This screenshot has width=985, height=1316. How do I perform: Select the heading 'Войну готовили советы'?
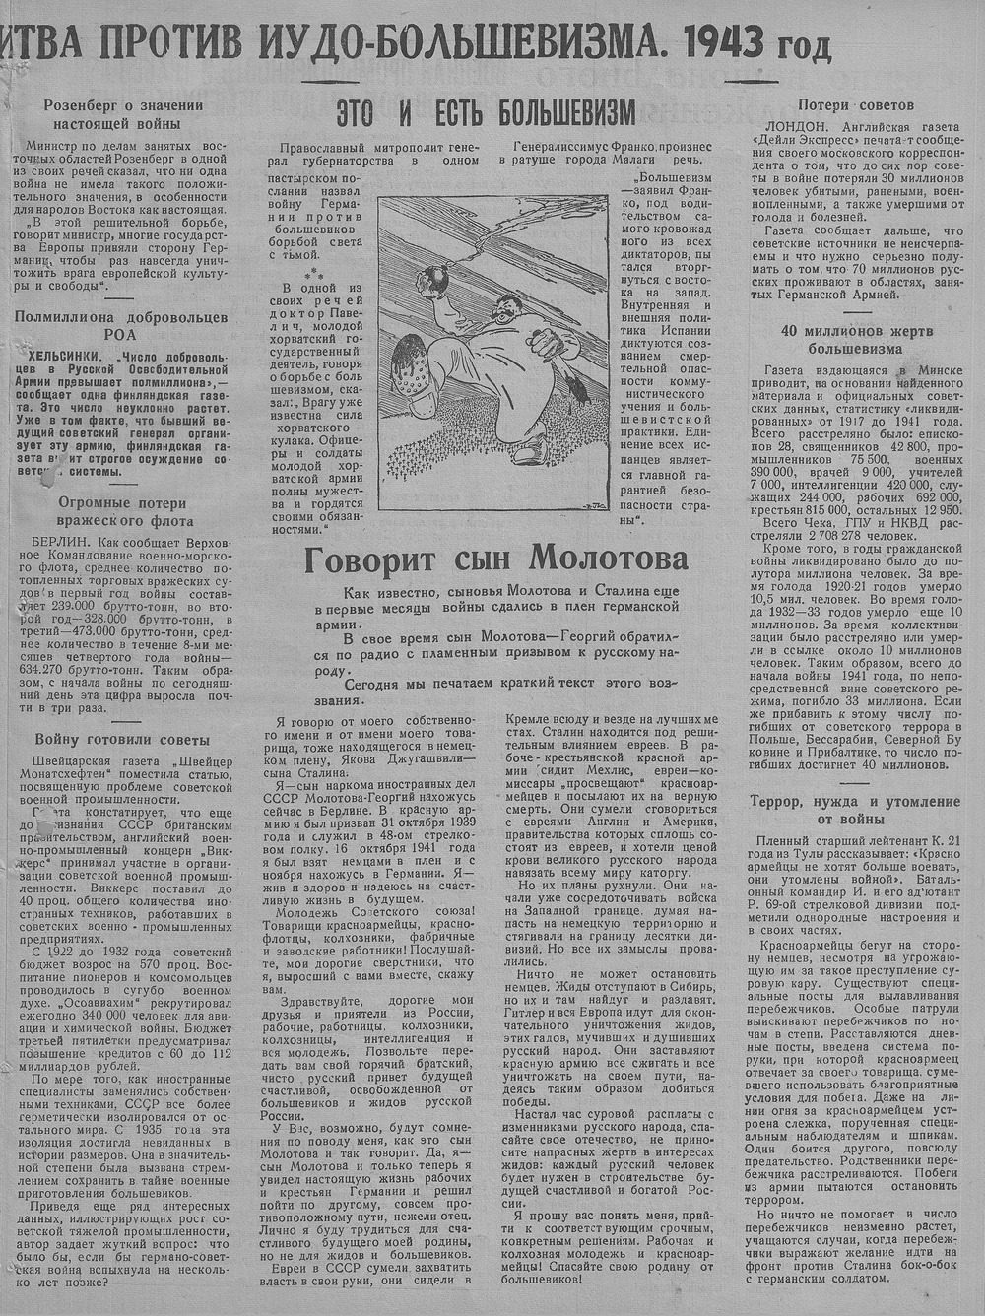click(122, 739)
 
